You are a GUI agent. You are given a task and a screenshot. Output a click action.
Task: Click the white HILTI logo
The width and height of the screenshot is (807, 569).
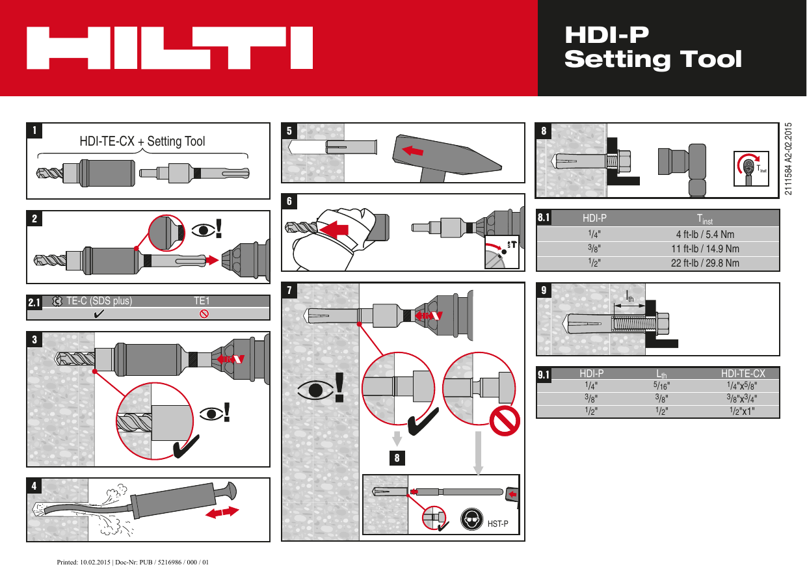click(x=169, y=47)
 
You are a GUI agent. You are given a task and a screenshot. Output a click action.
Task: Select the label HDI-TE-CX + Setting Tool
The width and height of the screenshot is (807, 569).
click(x=142, y=141)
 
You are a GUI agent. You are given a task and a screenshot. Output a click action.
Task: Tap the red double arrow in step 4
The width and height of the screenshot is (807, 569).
click(x=221, y=513)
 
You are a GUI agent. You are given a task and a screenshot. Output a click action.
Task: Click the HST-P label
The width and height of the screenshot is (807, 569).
click(x=497, y=523)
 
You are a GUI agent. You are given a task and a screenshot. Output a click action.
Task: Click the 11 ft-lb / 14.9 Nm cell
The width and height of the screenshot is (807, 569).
click(x=705, y=248)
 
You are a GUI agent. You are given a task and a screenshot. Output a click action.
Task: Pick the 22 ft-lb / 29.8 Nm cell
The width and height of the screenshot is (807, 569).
click(x=705, y=263)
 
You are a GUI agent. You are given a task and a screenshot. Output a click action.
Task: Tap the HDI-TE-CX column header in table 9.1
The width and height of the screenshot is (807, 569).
click(x=743, y=373)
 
